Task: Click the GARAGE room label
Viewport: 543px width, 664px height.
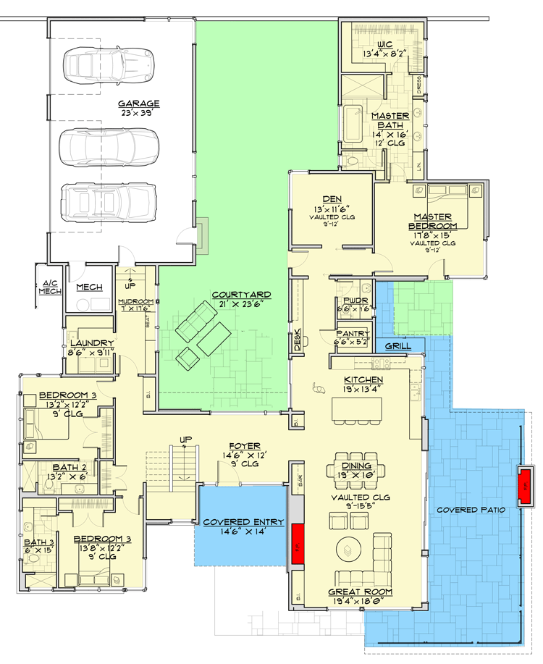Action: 139,104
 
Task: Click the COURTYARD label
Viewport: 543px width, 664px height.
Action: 242,295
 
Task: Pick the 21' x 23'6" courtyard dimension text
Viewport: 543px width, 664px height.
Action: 242,304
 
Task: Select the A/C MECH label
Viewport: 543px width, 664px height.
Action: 49,287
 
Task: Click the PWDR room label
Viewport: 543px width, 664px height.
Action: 353,298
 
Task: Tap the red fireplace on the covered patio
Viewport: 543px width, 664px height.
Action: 524,487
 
